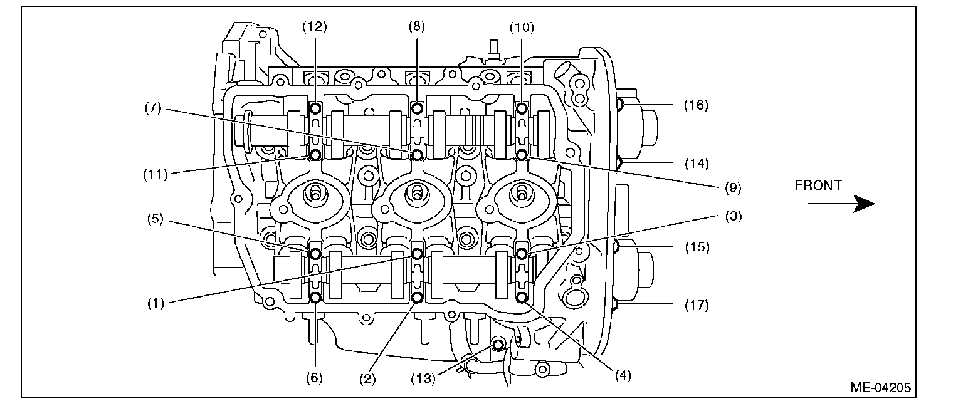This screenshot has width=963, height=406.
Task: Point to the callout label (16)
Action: (x=695, y=105)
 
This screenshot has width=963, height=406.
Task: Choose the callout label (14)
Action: (x=695, y=164)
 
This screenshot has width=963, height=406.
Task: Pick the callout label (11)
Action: (x=154, y=174)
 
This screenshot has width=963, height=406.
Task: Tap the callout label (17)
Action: (x=695, y=306)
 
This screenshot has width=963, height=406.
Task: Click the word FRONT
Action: (x=818, y=185)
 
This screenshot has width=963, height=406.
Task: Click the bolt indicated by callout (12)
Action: (x=315, y=109)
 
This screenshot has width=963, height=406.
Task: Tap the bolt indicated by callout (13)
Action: (x=498, y=344)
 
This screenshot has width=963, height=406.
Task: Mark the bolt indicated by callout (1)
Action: (x=417, y=254)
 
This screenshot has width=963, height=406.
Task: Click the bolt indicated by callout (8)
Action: (x=417, y=109)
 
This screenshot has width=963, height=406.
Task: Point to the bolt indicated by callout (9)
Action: (x=521, y=154)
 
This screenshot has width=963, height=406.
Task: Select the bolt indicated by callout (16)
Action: (x=620, y=104)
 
